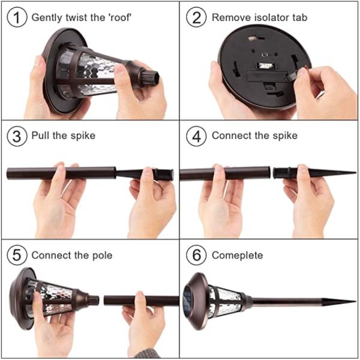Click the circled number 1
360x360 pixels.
17,17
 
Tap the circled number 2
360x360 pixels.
196,17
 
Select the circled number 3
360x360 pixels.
17,136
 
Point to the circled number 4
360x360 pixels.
196,136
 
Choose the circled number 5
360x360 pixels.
17,255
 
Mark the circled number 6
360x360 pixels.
196,255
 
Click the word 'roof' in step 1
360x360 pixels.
119,17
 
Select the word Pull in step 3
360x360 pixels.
40,136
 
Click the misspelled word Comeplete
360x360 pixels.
238,256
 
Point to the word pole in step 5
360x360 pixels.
102,256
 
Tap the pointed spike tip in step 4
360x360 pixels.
355,172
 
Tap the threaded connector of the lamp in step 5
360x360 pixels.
94,300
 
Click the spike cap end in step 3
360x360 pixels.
164,175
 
